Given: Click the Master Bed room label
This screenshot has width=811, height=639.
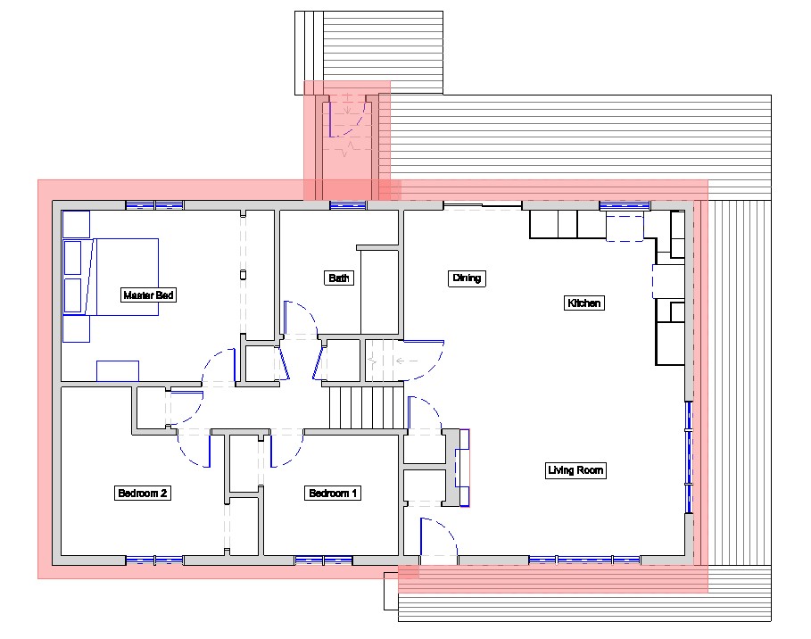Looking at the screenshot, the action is click(148, 295).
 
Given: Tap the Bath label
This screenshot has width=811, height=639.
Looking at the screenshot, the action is click(339, 278).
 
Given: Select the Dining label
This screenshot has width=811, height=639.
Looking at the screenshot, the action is click(467, 278).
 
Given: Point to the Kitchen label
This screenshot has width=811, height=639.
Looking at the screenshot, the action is click(584, 303).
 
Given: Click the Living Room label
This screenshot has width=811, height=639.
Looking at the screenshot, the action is click(575, 470).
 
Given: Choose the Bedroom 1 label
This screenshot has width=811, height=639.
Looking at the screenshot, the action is click(332, 494).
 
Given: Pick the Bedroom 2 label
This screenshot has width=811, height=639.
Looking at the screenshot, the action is click(142, 494).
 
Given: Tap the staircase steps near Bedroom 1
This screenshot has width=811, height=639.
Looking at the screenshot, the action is click(366, 408).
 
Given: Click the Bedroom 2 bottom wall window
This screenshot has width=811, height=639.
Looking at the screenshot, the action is click(154, 560).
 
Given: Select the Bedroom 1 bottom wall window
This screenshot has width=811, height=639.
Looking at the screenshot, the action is click(324, 560).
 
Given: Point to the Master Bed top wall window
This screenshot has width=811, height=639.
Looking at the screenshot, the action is click(154, 205).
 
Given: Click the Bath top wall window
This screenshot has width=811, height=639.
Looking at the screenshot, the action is click(348, 205).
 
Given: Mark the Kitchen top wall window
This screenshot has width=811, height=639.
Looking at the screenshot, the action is click(625, 205).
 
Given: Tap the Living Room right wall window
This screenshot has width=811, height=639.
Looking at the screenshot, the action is click(689, 457).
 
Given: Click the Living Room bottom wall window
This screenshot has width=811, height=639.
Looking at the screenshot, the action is click(584, 560).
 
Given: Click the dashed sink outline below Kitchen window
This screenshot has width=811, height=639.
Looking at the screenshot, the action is click(625, 228).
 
